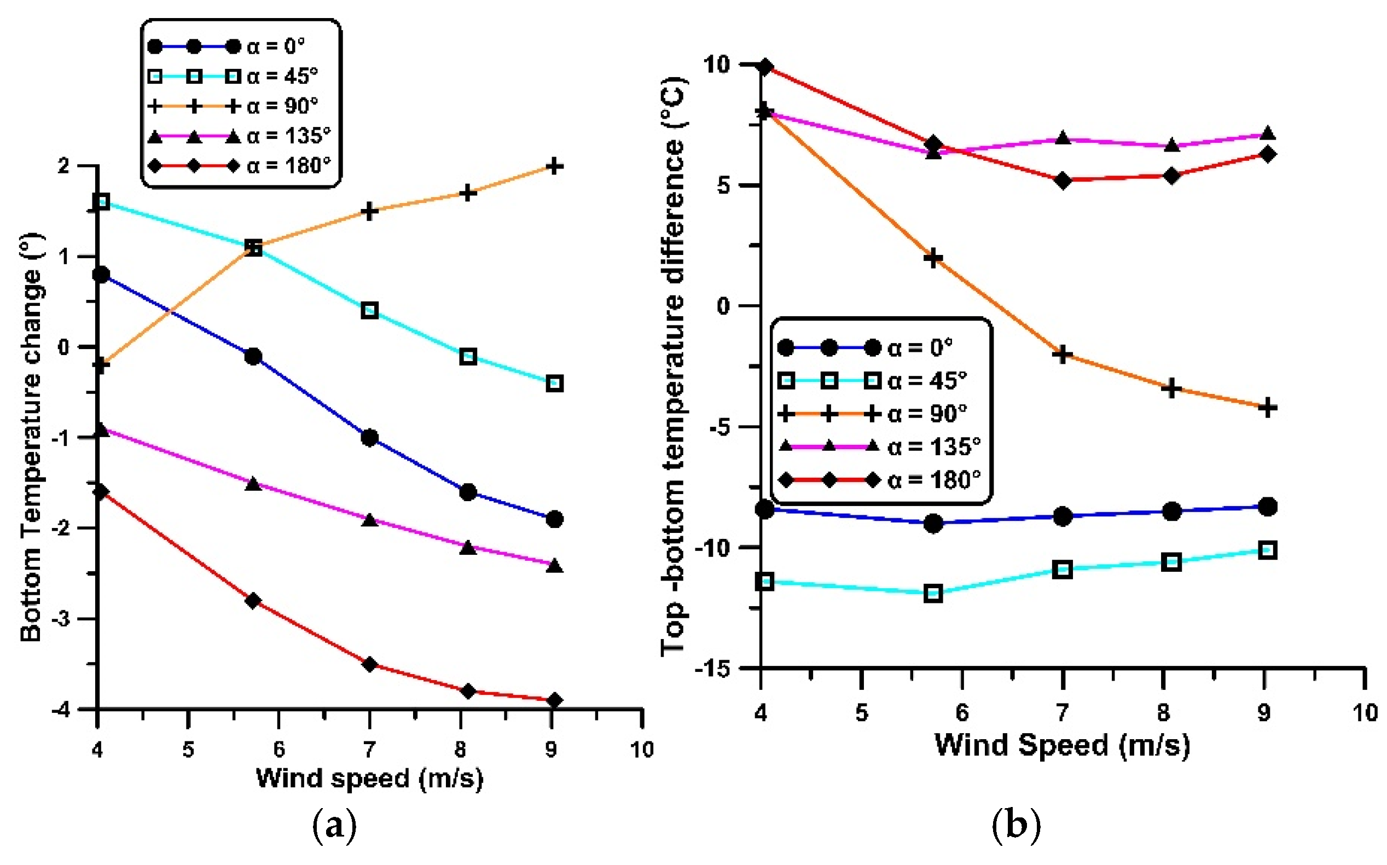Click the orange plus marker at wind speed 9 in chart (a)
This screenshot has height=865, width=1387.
pos(554,166)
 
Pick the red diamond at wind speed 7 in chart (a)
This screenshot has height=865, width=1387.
pos(369,664)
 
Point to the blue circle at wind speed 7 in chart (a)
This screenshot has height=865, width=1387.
pos(369,438)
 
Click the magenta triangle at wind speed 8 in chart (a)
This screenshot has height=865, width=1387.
pos(468,548)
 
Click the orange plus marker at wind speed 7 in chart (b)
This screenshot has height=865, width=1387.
pos(1063,355)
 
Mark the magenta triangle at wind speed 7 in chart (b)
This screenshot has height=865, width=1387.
pos(1063,138)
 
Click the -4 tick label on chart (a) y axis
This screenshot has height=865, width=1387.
pos(61,710)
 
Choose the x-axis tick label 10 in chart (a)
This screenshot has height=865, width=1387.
pos(642,749)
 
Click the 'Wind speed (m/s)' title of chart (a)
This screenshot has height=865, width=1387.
pos(369,779)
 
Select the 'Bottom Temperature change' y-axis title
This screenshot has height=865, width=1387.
pos(31,438)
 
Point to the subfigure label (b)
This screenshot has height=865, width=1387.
pos(1016,826)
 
